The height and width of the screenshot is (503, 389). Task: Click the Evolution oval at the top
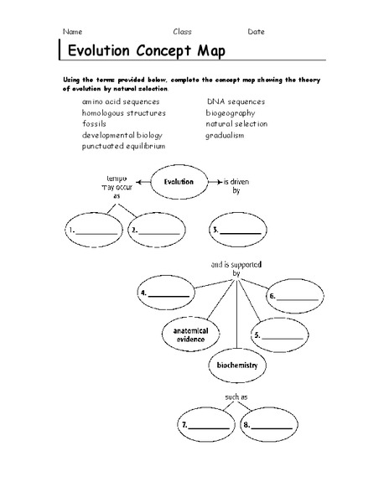pyautogui.click(x=179, y=182)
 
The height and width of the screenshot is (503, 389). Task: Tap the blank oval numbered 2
pyautogui.click(x=156, y=230)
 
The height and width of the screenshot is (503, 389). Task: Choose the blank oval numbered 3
pyautogui.click(x=238, y=230)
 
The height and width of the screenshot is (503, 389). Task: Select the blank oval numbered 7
pyautogui.click(x=206, y=425)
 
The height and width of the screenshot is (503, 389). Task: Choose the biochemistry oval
pyautogui.click(x=236, y=366)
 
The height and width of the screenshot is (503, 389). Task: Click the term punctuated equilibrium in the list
pyautogui.click(x=123, y=146)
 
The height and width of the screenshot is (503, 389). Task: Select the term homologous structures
pyautogui.click(x=123, y=112)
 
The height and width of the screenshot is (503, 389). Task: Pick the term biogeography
pyautogui.click(x=231, y=112)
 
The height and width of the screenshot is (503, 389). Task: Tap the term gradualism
pyautogui.click(x=226, y=135)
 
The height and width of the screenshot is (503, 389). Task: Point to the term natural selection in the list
pyautogui.click(x=236, y=123)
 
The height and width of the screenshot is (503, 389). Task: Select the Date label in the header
pyautogui.click(x=256, y=31)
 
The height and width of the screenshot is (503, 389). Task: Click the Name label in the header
pyautogui.click(x=72, y=31)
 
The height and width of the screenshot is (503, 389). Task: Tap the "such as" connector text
pyautogui.click(x=236, y=397)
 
